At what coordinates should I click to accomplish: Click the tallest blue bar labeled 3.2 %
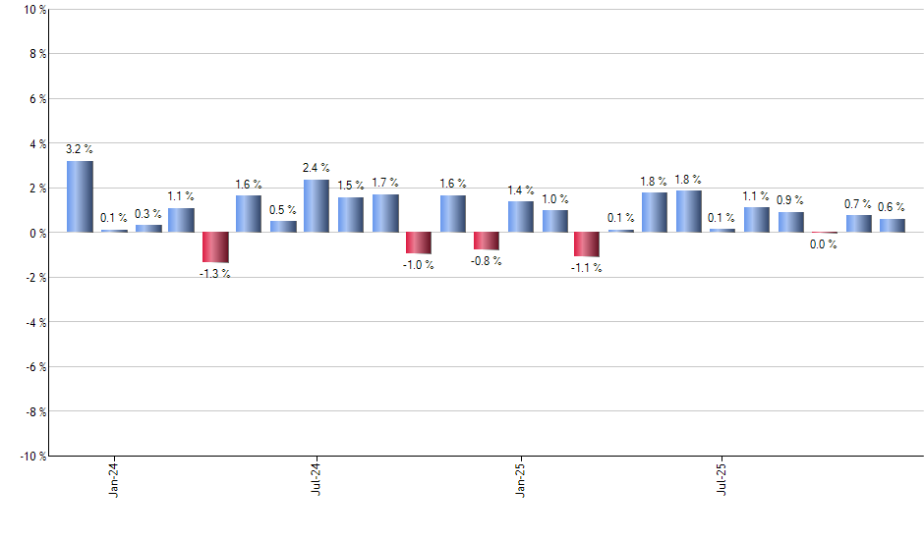point(80,196)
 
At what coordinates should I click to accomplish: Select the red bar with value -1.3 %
point(215,247)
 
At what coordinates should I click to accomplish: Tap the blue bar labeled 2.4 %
point(317,206)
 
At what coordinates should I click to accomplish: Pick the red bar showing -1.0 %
point(419,243)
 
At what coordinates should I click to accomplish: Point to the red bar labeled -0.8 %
point(487,242)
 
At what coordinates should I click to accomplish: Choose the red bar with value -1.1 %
point(587,244)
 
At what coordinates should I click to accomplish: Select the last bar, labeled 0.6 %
point(893,226)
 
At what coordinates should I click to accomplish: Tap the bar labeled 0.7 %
point(858,224)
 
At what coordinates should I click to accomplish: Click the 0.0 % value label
point(824,245)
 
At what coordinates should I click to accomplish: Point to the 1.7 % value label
point(385,182)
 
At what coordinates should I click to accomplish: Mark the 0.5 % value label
point(283,209)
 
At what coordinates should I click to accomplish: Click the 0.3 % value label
point(148,213)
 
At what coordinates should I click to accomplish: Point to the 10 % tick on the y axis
point(33,10)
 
